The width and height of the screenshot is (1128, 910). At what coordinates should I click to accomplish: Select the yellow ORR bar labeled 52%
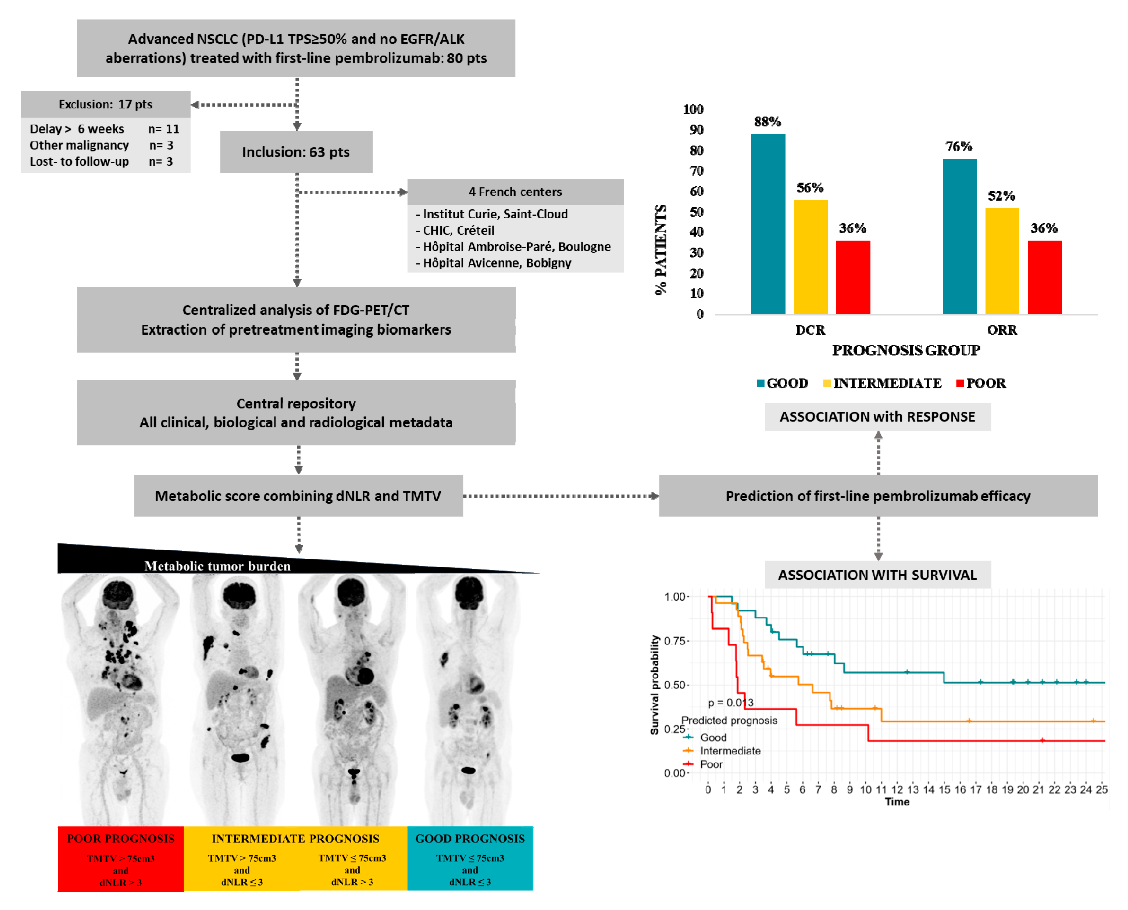click(x=1002, y=261)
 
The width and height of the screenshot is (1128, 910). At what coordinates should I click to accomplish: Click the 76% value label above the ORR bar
click(x=959, y=146)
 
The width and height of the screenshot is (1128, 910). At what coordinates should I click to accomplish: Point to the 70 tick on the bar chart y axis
click(x=696, y=171)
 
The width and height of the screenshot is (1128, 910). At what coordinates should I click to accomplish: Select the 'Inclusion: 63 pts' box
click(x=296, y=152)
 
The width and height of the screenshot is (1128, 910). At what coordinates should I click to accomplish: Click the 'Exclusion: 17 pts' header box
click(x=105, y=104)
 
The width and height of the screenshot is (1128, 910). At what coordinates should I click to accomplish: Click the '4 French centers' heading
click(x=515, y=192)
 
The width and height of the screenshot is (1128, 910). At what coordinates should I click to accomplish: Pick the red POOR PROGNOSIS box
click(x=121, y=859)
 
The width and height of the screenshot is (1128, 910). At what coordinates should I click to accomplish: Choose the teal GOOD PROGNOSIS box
click(x=470, y=859)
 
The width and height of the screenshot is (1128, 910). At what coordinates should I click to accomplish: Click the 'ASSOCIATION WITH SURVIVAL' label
click(x=877, y=575)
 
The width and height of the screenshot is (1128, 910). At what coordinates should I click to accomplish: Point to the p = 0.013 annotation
click(x=730, y=702)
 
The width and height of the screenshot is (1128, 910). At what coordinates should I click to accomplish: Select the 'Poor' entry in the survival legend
click(x=711, y=764)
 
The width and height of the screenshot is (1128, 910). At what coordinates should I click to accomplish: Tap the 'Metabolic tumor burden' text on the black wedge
click(x=217, y=566)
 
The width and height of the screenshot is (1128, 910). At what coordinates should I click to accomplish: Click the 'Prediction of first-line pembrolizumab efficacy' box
click(x=878, y=496)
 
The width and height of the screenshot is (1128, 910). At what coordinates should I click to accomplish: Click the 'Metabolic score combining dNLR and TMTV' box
click(x=298, y=496)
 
